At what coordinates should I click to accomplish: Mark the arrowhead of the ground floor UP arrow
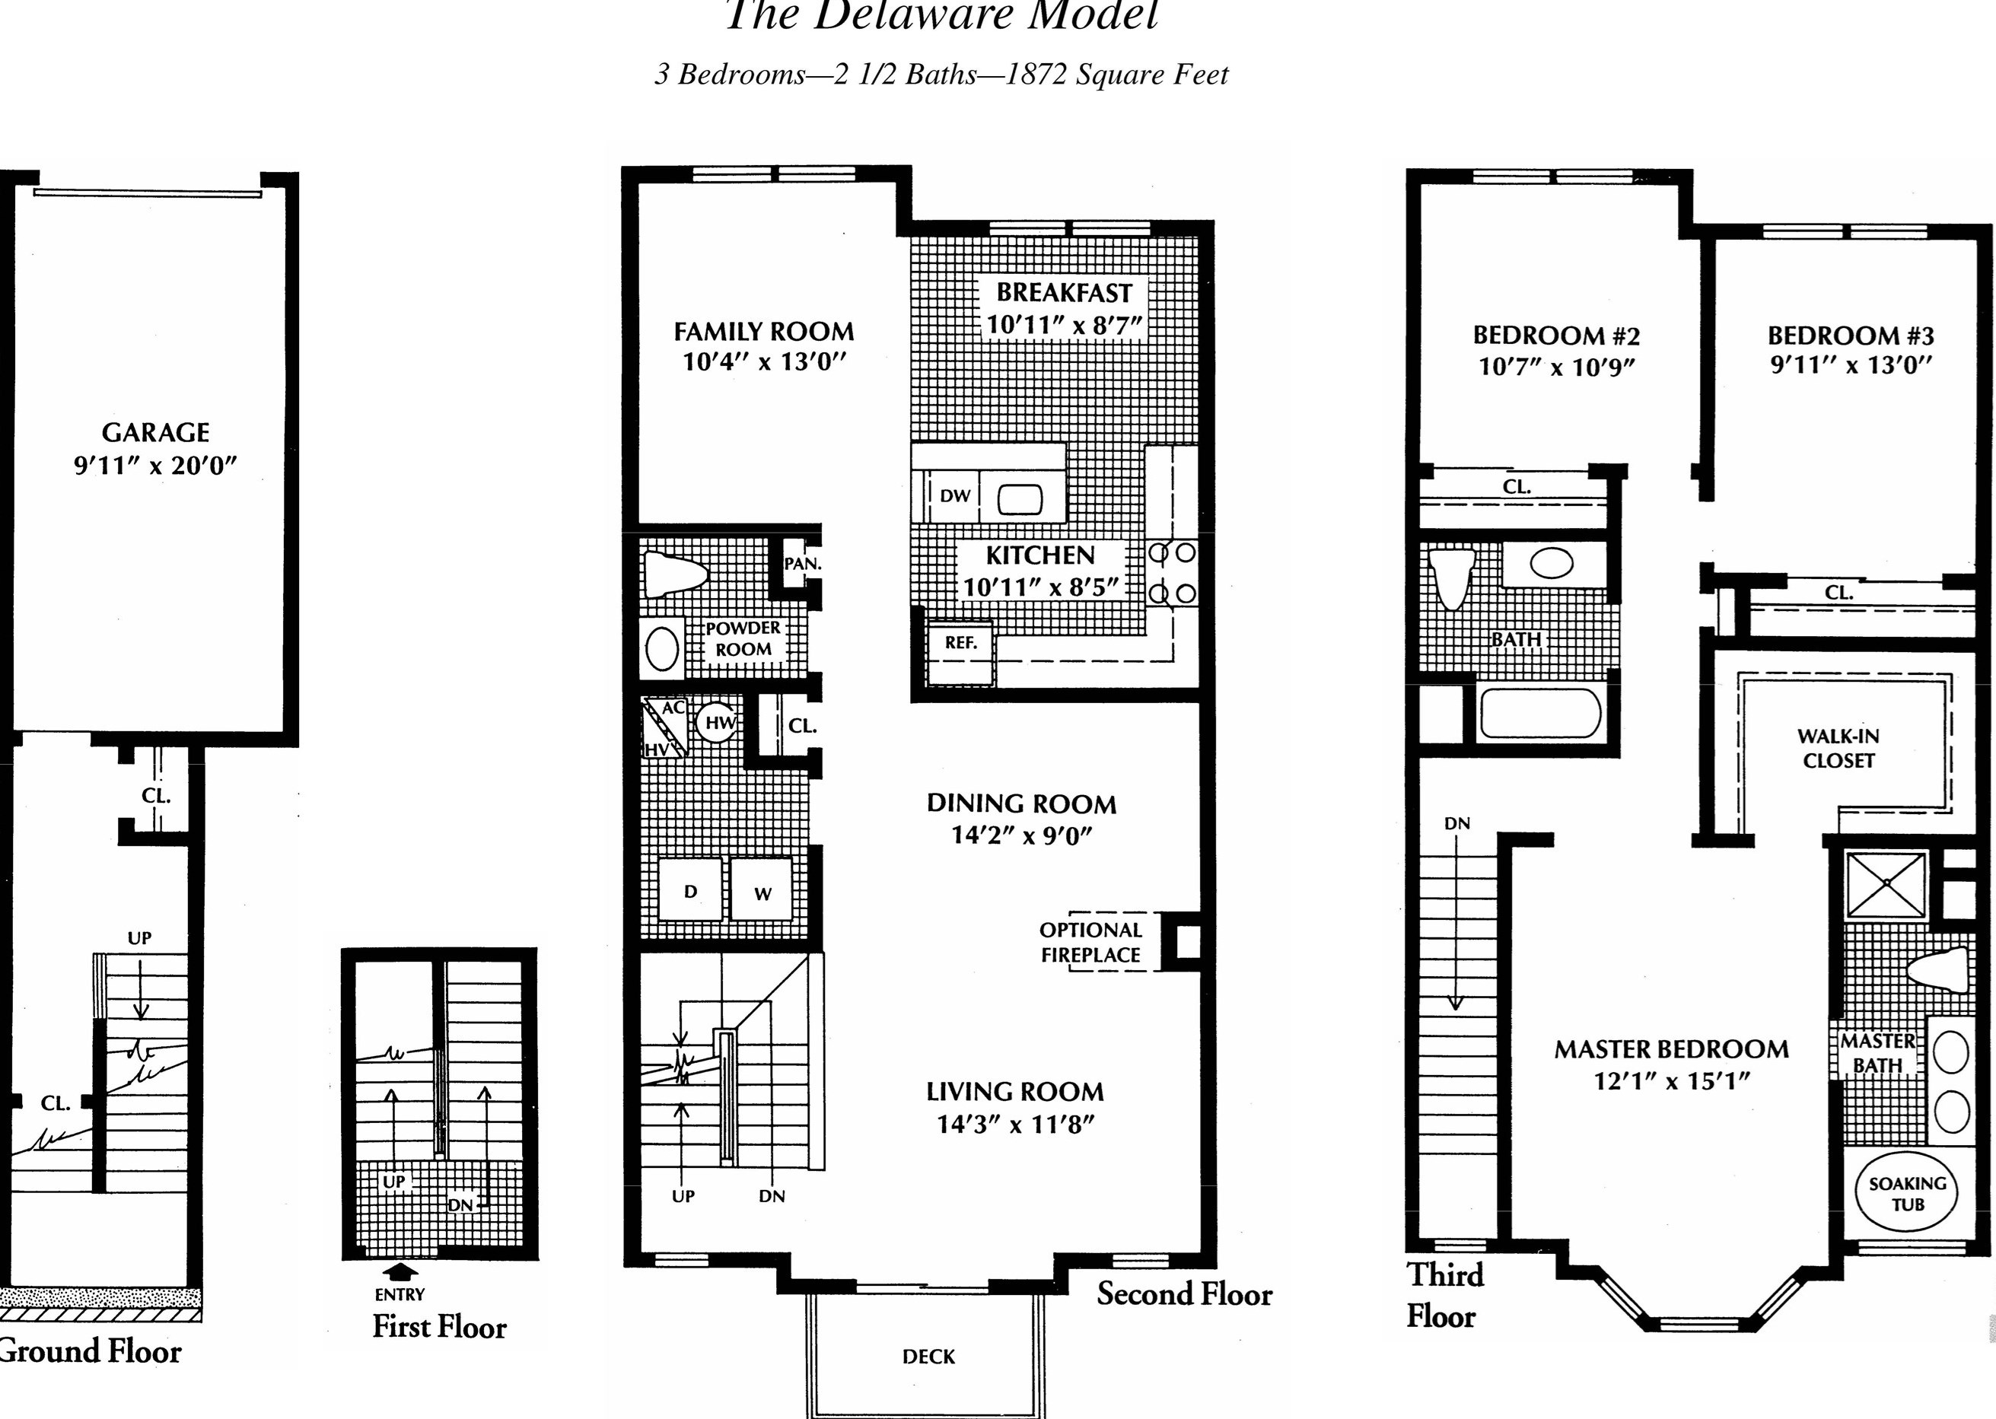pos(140,1017)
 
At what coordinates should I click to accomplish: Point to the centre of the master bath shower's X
pos(1886,884)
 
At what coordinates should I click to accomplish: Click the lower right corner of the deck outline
pos(1043,1417)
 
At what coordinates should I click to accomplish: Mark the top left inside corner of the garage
pos(14,187)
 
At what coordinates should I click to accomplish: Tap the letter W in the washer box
pos(762,894)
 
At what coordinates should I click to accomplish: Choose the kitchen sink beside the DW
pos(1020,500)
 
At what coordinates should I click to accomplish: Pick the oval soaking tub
pos(1907,1193)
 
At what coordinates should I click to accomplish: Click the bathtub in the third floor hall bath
pos(1541,713)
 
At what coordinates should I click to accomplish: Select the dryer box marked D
pos(689,890)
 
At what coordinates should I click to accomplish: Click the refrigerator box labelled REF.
pos(960,653)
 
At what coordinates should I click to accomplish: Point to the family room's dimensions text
pos(765,361)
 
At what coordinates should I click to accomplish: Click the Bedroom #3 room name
pos(1851,336)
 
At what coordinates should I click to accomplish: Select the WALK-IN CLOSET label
pos(1838,749)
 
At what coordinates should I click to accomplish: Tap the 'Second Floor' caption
pos(1184,1294)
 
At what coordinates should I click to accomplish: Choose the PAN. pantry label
pos(802,565)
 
